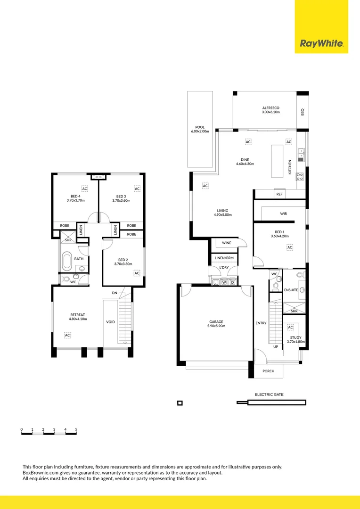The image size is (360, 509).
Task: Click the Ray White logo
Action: (x=321, y=44)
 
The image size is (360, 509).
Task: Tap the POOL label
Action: (x=199, y=127)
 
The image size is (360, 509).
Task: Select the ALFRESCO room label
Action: (x=271, y=108)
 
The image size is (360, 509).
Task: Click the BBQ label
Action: (x=303, y=112)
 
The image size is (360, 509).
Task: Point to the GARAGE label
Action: (x=216, y=322)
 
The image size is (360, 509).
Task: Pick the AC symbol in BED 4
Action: (x=85, y=189)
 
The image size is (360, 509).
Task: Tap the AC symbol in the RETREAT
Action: (x=67, y=335)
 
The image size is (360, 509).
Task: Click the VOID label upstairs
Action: (x=110, y=322)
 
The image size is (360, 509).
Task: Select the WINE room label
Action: (x=227, y=243)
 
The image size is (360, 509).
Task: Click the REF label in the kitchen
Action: (x=279, y=194)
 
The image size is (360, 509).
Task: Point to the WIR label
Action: (x=283, y=213)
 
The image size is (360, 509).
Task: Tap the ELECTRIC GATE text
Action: (x=269, y=394)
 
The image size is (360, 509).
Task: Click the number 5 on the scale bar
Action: (x=76, y=429)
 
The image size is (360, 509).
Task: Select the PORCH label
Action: (x=268, y=371)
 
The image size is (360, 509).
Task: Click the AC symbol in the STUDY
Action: (x=290, y=327)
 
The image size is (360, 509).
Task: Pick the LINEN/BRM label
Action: (x=224, y=258)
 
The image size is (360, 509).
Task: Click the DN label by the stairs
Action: (x=115, y=293)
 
